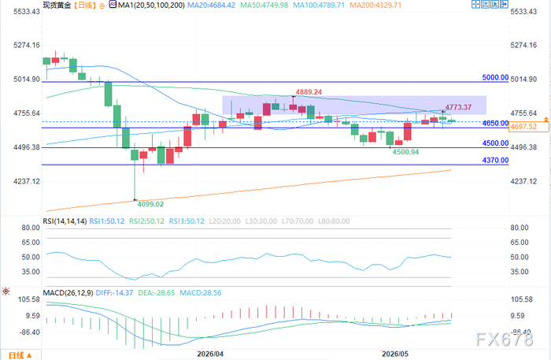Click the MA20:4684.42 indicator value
tap(211, 5)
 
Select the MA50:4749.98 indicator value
tap(264, 5)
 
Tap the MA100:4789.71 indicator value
tap(319, 5)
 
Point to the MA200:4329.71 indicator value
tap(375, 5)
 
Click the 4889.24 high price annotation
tap(309, 92)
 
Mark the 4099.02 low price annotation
tap(150, 204)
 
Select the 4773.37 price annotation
tap(458, 107)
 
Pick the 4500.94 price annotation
tap(405, 152)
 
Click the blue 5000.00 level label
tap(495, 77)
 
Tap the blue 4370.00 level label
tap(495, 161)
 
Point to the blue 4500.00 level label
tap(495, 143)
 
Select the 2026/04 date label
tap(210, 354)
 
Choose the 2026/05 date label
tap(395, 354)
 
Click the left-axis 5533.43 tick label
tap(27, 12)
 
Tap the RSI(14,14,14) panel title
tap(65, 221)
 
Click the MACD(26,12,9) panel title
tap(68, 293)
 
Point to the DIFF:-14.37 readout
tap(115, 293)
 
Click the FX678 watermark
tap(505, 340)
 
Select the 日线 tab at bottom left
tap(20, 355)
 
